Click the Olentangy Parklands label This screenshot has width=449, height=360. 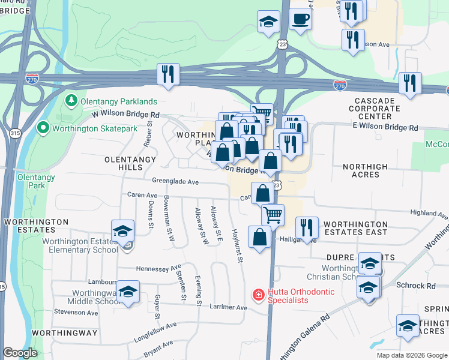[x=116, y=101]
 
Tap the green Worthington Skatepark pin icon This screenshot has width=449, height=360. [x=43, y=128]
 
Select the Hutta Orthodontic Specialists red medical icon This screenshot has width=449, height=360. [x=258, y=295]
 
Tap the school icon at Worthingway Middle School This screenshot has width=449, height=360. [x=128, y=292]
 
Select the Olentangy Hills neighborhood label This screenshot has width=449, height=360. [x=130, y=164]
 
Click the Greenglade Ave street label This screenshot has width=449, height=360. [x=175, y=181]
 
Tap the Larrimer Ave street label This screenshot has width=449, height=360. [x=229, y=308]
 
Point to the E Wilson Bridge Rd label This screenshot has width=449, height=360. [x=385, y=128]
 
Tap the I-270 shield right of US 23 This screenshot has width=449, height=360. [x=340, y=85]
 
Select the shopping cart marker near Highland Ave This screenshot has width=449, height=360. [x=273, y=214]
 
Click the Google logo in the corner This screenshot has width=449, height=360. [x=20, y=353]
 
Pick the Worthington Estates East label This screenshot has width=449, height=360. [x=356, y=227]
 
